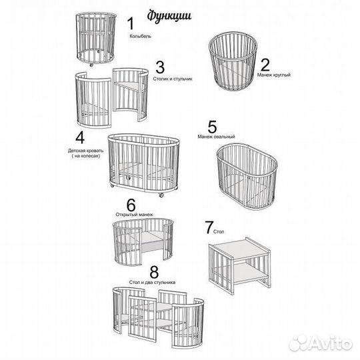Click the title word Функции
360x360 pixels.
(x=169, y=16)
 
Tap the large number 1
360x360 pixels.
(x=131, y=23)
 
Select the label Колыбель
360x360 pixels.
(x=140, y=36)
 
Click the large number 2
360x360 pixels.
(x=265, y=65)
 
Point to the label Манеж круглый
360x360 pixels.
(x=274, y=75)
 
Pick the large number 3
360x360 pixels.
(x=160, y=67)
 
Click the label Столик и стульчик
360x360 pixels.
(x=173, y=79)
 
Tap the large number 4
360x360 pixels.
(x=80, y=137)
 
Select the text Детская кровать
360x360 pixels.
(x=85, y=151)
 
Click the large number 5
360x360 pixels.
(x=212, y=127)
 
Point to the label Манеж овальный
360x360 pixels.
(x=216, y=137)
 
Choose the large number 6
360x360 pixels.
(x=131, y=205)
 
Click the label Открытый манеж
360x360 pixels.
(x=134, y=215)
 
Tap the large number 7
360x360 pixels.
(x=209, y=227)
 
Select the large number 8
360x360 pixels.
(x=154, y=272)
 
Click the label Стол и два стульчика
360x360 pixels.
(x=152, y=282)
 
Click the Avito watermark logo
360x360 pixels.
(x=320, y=343)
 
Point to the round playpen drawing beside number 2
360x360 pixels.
(x=233, y=61)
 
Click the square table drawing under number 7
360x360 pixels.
(x=239, y=266)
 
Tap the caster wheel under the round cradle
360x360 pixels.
(x=91, y=65)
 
